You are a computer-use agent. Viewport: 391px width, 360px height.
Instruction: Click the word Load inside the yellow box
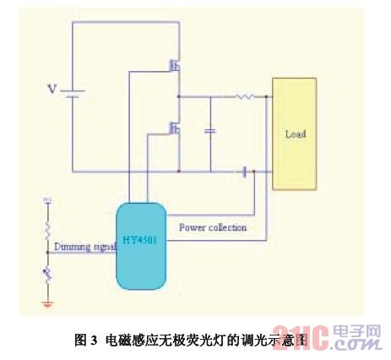click(295, 134)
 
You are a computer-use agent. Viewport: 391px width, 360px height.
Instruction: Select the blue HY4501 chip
click(140, 243)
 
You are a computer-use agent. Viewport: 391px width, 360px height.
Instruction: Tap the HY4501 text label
click(140, 239)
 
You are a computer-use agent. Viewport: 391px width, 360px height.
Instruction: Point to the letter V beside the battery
click(51, 89)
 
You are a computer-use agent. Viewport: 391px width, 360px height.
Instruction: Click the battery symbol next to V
click(71, 92)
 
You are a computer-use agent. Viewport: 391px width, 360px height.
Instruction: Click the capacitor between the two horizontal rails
click(209, 131)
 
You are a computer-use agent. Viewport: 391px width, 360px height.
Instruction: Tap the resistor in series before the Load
click(245, 97)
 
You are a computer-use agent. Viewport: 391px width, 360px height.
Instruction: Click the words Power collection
click(213, 227)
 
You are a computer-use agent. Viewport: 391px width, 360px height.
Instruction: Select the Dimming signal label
click(84, 247)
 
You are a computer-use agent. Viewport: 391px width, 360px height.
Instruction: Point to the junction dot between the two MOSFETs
click(180, 97)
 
